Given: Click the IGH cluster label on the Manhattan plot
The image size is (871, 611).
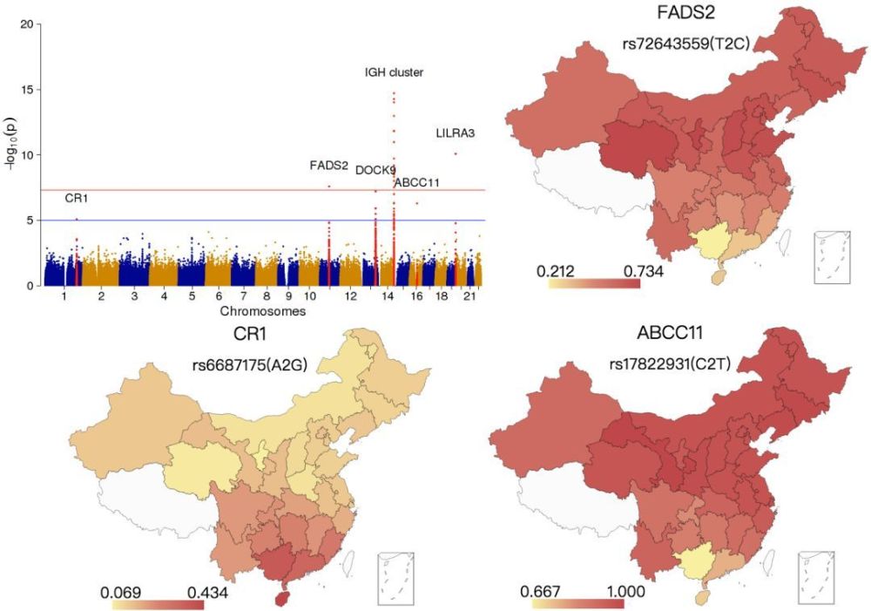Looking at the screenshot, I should (394, 72).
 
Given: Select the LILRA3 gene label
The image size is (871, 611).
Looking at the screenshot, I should (455, 133).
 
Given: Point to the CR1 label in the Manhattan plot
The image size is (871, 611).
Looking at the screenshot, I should (76, 199).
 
